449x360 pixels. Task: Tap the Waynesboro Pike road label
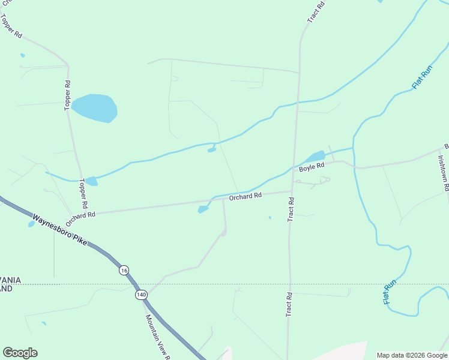(59, 230)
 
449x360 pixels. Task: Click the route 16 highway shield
(124, 270)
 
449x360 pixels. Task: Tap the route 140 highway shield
(140, 295)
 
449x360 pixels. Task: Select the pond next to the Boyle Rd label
(315, 157)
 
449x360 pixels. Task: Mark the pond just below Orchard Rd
(203, 209)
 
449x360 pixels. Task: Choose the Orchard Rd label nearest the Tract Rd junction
(246, 196)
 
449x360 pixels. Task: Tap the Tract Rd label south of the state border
(289, 304)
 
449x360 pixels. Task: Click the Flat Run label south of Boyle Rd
(390, 292)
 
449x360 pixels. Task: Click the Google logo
(20, 353)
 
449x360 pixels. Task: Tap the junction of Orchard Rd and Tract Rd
(291, 192)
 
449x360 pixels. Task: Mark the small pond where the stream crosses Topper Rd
(91, 181)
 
